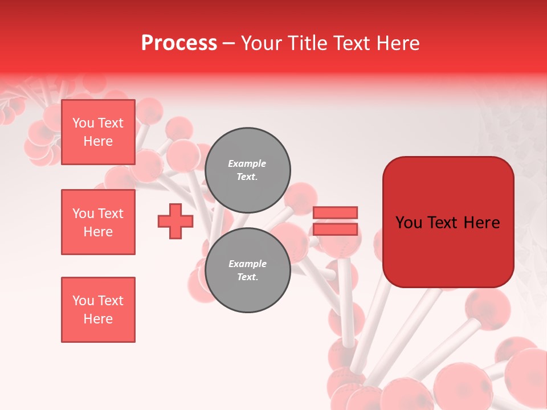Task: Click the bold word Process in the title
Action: pyautogui.click(x=179, y=43)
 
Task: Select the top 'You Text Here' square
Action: pyautogui.click(x=98, y=132)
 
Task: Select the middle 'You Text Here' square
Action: pyautogui.click(x=98, y=222)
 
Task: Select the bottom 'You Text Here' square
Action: pyautogui.click(x=98, y=310)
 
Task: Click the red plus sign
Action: pyautogui.click(x=175, y=222)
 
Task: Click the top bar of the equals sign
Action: pyautogui.click(x=335, y=212)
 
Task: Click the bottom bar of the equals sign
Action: pyautogui.click(x=335, y=229)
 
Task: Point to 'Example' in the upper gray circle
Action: pyautogui.click(x=247, y=163)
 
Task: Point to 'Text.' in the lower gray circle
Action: pyautogui.click(x=247, y=277)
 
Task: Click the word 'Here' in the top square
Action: pyautogui.click(x=98, y=141)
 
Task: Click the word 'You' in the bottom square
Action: pyautogui.click(x=83, y=301)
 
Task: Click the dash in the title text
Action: pyautogui.click(x=229, y=44)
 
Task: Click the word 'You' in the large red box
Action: pyautogui.click(x=409, y=223)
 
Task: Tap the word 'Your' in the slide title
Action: pyautogui.click(x=262, y=43)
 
